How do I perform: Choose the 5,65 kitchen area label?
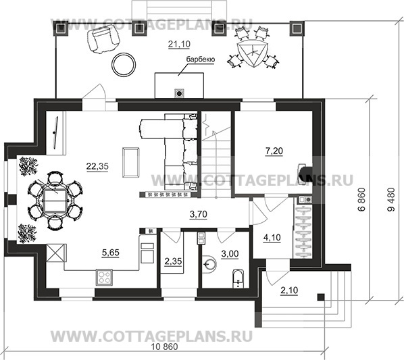point(111,253)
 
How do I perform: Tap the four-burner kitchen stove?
point(105,276)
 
